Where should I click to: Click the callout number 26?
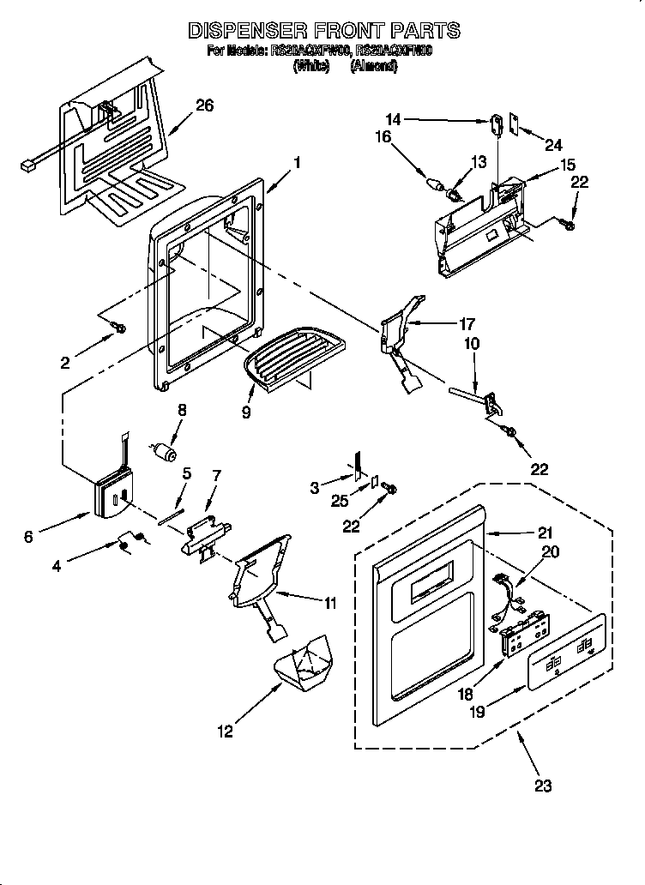[204, 105]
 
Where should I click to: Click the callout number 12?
[225, 731]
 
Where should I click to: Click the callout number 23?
[543, 785]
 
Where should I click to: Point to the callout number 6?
[28, 537]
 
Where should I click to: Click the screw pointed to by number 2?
[119, 327]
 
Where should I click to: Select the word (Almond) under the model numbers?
[373, 66]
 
